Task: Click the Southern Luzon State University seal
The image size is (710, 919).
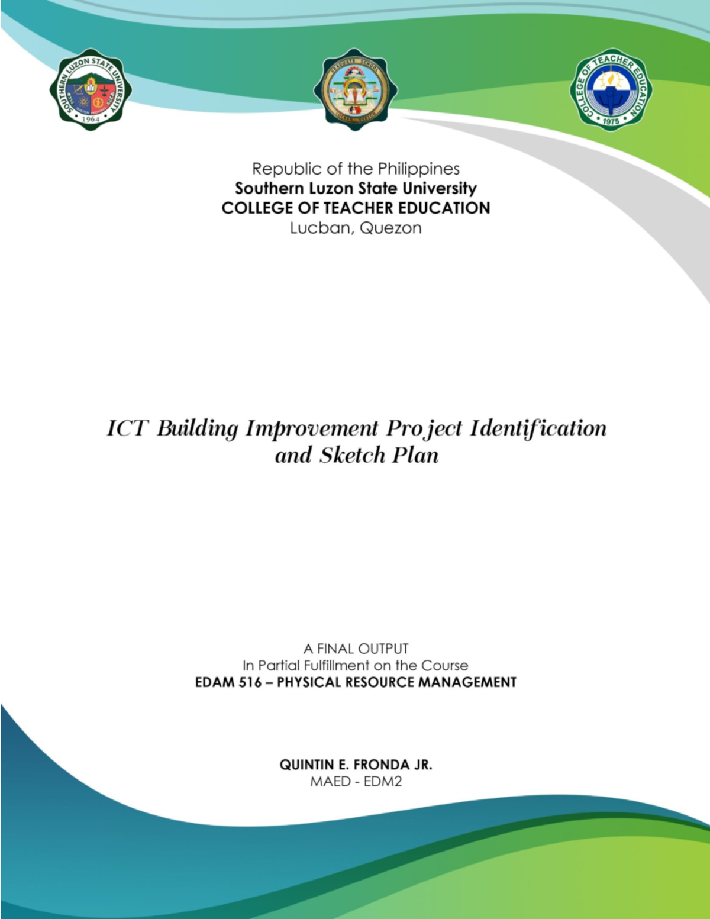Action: [91, 89]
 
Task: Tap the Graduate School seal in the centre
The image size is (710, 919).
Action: [355, 89]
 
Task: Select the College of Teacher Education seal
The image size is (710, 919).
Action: [611, 89]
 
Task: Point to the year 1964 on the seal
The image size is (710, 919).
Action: [91, 119]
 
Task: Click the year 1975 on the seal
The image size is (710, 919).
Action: [611, 121]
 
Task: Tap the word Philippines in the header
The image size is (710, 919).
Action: [419, 169]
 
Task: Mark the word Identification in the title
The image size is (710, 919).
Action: [538, 428]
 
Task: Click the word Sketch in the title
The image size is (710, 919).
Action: [353, 456]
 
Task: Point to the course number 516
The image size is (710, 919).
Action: [250, 683]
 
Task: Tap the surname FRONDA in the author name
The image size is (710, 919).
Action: [381, 765]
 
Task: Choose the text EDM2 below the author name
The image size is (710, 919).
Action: [383, 782]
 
